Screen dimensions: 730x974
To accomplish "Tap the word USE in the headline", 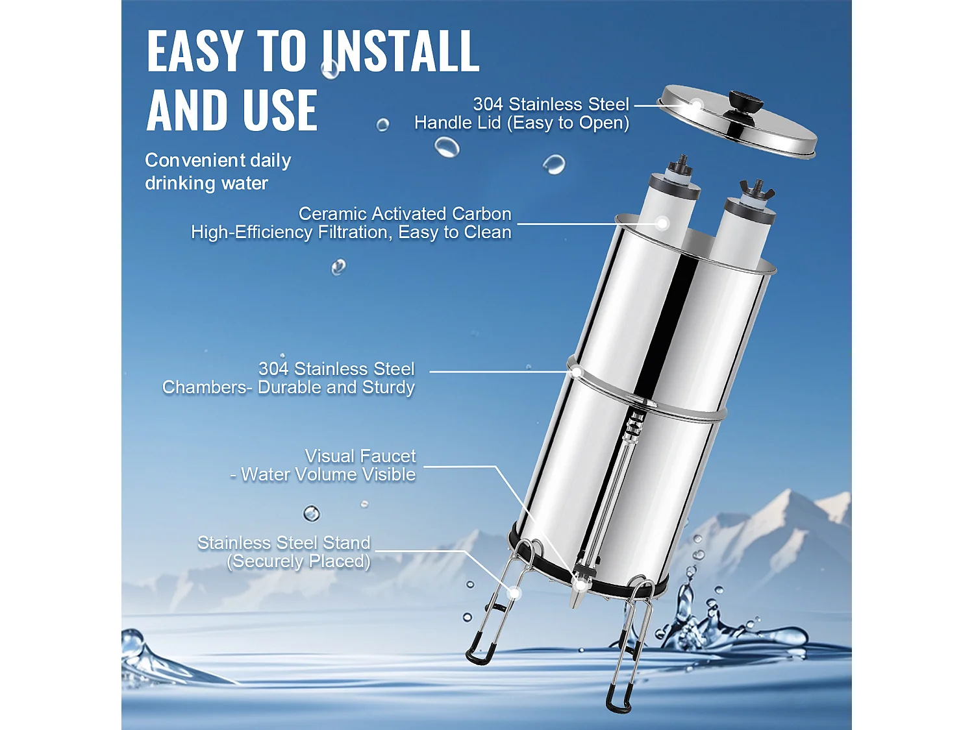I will [x=280, y=110].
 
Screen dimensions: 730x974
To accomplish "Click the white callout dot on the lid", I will [x=696, y=104].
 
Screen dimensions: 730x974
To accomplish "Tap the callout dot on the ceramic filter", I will [x=662, y=224].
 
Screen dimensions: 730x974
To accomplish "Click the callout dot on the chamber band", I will [x=575, y=372].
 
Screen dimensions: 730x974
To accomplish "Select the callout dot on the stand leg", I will [x=514, y=592].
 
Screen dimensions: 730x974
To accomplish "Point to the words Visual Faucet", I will [x=360, y=456].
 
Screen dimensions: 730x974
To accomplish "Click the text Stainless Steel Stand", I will [x=284, y=542].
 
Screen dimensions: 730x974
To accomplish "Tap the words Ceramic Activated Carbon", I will [x=405, y=213].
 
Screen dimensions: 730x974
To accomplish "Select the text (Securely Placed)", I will [x=299, y=561].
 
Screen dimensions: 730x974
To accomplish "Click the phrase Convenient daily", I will [x=218, y=160].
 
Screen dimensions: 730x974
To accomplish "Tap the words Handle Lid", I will [x=457, y=123].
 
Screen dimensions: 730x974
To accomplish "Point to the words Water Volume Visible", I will [x=328, y=474].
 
